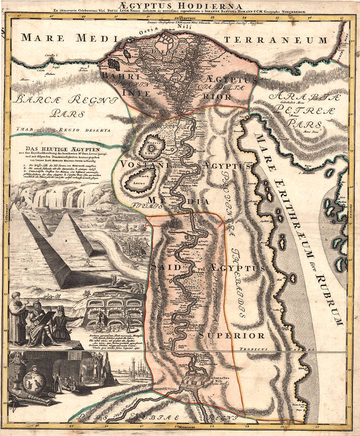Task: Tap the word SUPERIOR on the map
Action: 231,335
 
